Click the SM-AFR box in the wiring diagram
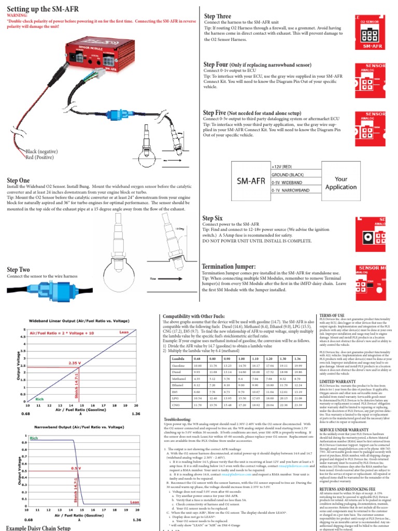[x=252, y=182]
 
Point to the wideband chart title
[x=79, y=320]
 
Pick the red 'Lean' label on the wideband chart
[x=124, y=331]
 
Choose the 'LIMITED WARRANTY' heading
[x=337, y=381]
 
